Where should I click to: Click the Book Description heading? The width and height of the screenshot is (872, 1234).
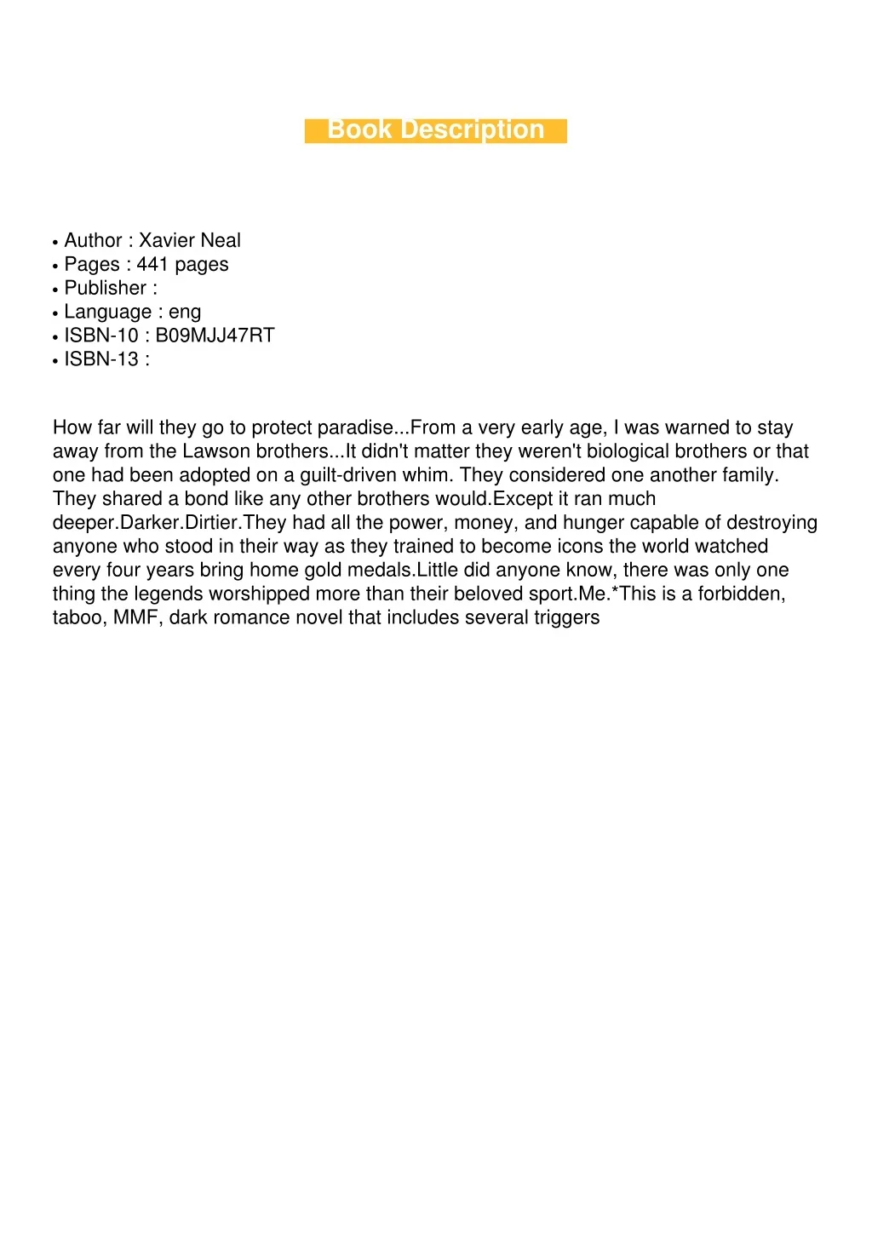(x=435, y=130)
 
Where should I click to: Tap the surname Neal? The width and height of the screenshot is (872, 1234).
(x=221, y=241)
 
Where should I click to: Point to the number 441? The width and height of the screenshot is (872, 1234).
(x=152, y=265)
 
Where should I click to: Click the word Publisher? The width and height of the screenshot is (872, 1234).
(x=106, y=289)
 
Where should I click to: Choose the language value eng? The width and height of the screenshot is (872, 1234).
(x=185, y=313)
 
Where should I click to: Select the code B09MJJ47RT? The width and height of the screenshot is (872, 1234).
(x=215, y=336)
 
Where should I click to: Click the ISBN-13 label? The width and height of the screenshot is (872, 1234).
(x=101, y=359)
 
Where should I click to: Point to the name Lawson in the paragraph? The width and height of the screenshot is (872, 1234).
(x=217, y=451)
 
